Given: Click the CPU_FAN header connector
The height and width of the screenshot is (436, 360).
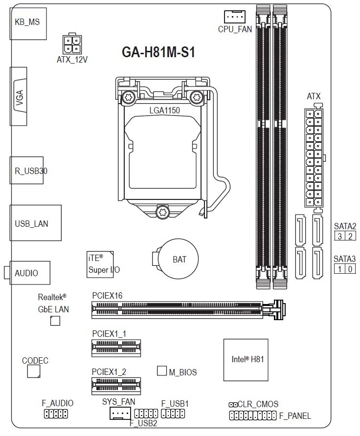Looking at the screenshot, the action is (234, 17).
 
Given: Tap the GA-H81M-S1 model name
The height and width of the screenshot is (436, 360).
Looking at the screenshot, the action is (158, 52).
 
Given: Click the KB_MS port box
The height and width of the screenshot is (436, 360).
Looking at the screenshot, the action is (28, 23).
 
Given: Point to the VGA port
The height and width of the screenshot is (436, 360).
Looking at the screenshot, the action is (19, 96).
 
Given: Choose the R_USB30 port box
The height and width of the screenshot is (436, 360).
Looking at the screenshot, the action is (27, 170).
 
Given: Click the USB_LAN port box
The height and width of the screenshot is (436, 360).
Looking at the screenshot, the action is (36, 223).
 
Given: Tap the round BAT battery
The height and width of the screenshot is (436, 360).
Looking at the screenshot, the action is (179, 259).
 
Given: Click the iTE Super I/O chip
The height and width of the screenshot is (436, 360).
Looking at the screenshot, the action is (100, 264).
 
